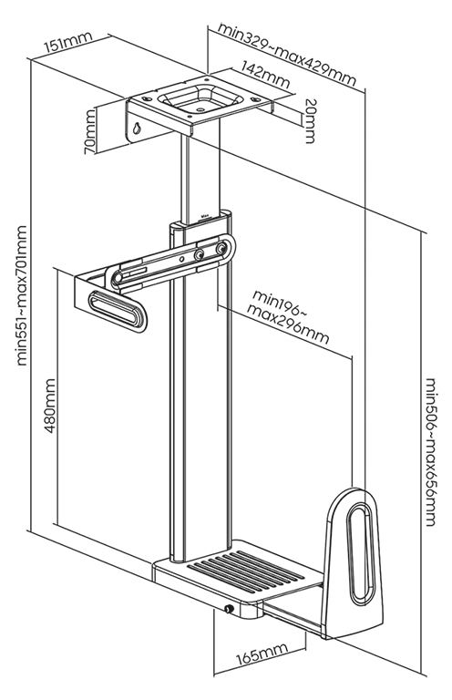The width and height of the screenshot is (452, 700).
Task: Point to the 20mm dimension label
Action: (309, 119)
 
